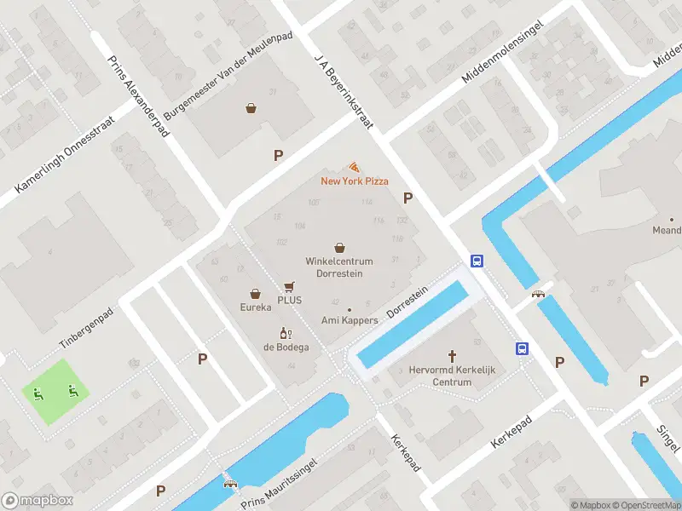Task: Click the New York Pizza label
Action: pos(354,181)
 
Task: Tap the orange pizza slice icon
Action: pos(354,168)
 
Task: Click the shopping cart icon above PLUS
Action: pos(289,287)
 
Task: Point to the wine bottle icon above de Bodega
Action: pos(285,333)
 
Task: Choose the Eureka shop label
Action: pos(255,307)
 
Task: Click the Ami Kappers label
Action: pos(349,320)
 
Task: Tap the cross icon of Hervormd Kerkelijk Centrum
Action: pos(452,356)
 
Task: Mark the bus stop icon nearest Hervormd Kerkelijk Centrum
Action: pos(521,348)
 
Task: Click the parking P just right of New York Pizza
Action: pos(408,198)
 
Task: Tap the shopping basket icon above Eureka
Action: pos(255,294)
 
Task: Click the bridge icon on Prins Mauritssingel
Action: pos(229,483)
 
